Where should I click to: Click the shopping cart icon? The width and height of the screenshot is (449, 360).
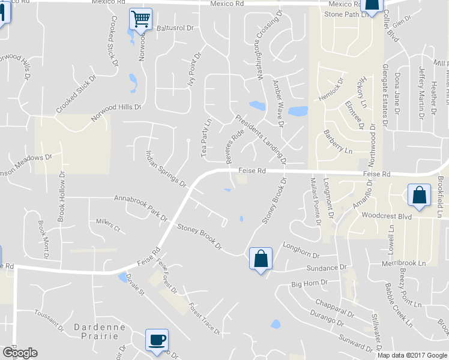pyautogui.click(x=140, y=19)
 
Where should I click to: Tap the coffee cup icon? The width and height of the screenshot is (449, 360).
pyautogui.click(x=157, y=340)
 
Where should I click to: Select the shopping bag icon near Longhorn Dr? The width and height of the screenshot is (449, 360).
pyautogui.click(x=261, y=259)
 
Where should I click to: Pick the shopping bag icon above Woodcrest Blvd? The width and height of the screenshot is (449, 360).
pyautogui.click(x=418, y=196)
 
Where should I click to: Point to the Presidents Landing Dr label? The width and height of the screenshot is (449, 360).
pyautogui.click(x=261, y=139)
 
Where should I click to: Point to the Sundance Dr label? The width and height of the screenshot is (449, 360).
pyautogui.click(x=327, y=267)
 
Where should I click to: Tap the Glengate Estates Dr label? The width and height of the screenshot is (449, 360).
pyautogui.click(x=386, y=88)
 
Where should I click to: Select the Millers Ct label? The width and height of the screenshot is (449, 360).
pyautogui.click(x=109, y=225)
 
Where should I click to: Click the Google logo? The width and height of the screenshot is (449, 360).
pyautogui.click(x=20, y=353)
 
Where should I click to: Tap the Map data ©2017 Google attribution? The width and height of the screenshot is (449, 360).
pyautogui.click(x=412, y=355)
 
